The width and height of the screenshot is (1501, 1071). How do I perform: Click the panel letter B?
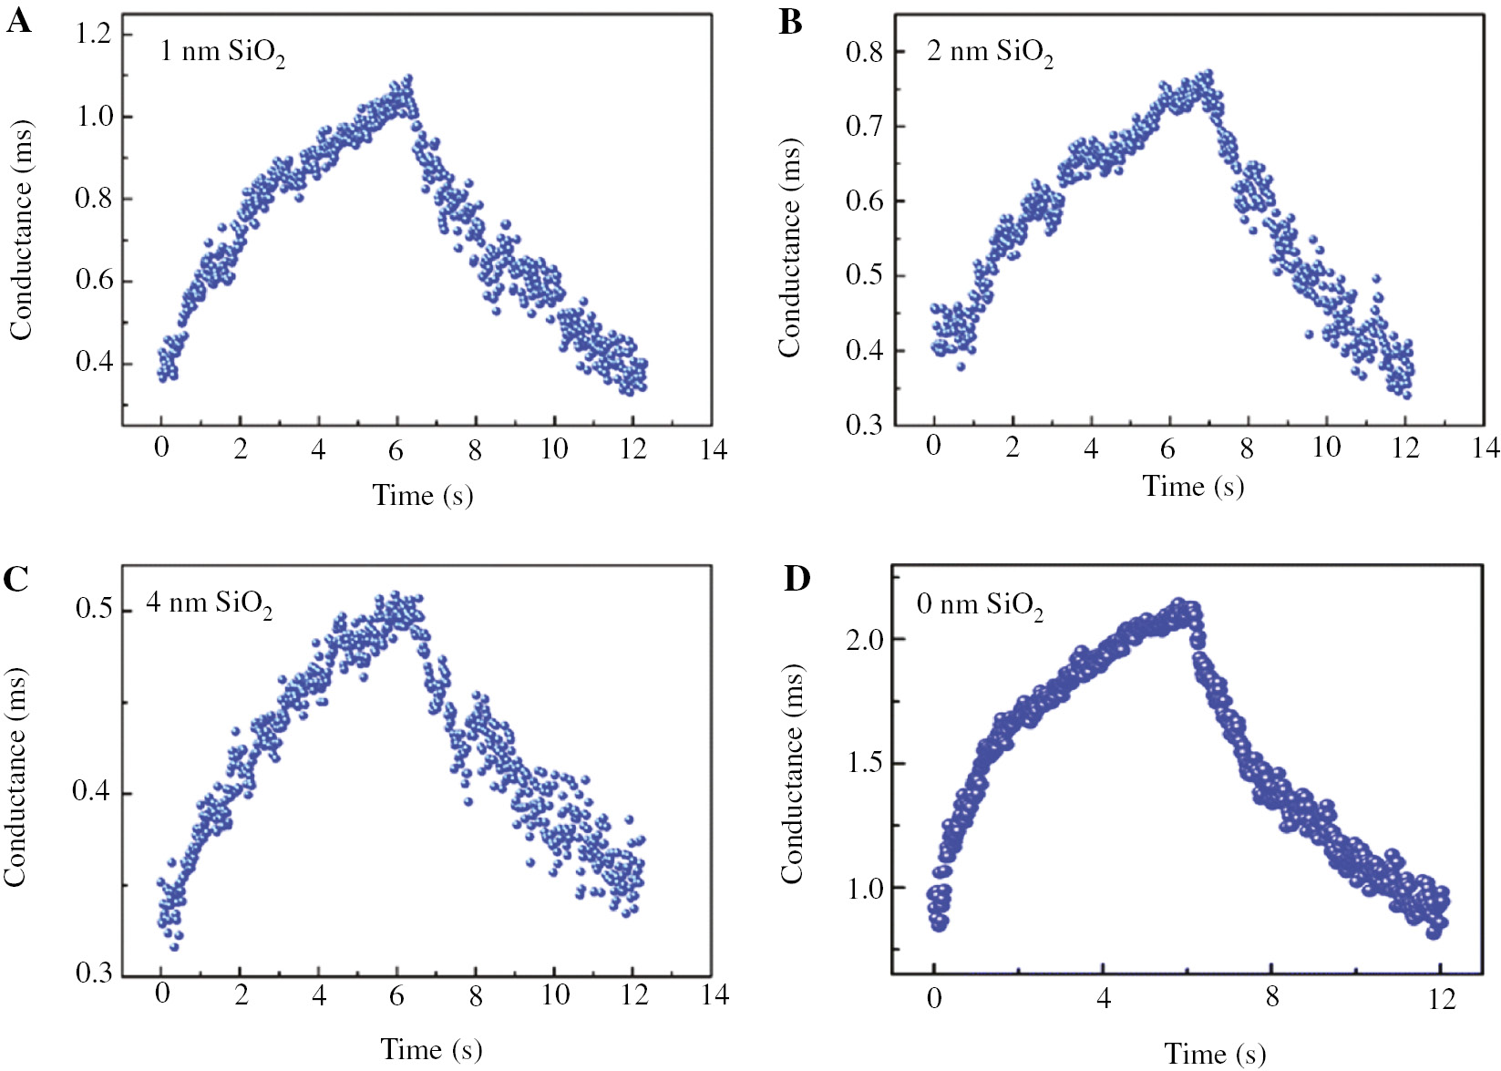click(790, 22)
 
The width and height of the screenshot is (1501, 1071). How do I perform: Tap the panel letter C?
click(16, 578)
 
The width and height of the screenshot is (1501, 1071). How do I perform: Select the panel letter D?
click(797, 578)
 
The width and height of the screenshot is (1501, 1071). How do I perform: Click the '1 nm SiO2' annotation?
click(222, 52)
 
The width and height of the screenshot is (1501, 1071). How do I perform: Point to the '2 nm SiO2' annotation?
click(990, 52)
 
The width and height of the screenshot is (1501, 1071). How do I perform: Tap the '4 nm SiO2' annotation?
click(209, 603)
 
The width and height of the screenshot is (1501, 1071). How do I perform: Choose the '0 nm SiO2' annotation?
click(980, 605)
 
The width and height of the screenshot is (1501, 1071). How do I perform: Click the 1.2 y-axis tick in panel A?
click(93, 35)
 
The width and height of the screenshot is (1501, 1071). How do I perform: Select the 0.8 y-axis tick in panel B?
click(864, 52)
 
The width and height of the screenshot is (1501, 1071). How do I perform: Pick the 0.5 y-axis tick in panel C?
click(93, 608)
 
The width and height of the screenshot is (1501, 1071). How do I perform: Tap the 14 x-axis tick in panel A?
click(714, 449)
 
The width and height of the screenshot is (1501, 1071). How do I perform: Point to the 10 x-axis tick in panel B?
click(1326, 447)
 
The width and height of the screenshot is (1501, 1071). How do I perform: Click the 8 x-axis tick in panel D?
click(1272, 997)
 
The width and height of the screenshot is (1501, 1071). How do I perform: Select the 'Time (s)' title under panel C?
click(430, 1049)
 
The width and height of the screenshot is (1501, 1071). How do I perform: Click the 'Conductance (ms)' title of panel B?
click(789, 248)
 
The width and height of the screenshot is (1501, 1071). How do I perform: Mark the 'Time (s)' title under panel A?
click(423, 495)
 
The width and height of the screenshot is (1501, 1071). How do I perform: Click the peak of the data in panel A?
click(407, 80)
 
